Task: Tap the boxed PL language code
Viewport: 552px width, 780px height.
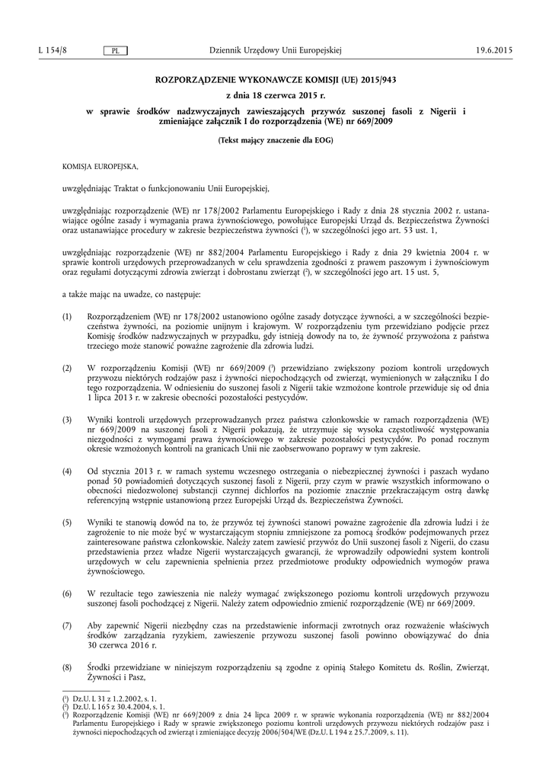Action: [x=114, y=51]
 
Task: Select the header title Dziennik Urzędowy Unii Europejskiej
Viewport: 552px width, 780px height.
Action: [x=276, y=50]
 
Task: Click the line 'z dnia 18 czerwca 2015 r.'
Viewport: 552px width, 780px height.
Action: [x=276, y=96]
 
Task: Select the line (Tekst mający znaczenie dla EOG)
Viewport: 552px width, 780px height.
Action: [x=276, y=141]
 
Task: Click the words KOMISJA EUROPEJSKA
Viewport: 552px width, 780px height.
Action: [x=100, y=165]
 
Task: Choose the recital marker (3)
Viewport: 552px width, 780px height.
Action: [x=67, y=420]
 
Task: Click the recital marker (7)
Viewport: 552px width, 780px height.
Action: [x=67, y=625]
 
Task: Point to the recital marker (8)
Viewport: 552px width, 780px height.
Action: [x=67, y=667]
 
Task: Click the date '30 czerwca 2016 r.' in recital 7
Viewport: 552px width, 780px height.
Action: [x=122, y=646]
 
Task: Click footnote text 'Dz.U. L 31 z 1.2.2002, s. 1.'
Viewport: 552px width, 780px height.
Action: [x=120, y=698]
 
